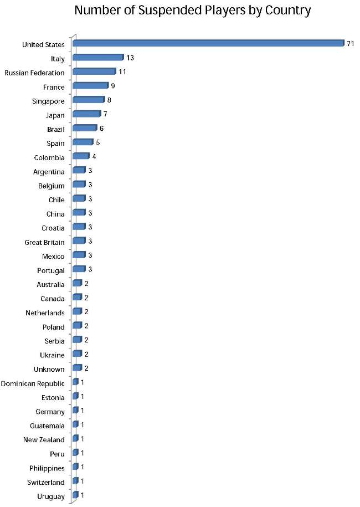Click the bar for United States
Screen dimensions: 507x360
(208, 43)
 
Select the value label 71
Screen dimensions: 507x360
(350, 44)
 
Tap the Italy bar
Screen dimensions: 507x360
(97, 58)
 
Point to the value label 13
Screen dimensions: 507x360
(130, 58)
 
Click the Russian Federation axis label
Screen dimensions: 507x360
(34, 73)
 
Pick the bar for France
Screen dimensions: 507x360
(90, 86)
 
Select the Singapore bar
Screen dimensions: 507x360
(88, 100)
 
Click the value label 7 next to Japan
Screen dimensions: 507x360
(105, 114)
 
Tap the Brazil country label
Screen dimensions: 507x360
(55, 129)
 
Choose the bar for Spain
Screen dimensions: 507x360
(83, 142)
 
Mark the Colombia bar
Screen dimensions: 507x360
(80, 156)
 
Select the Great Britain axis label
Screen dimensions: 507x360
(44, 242)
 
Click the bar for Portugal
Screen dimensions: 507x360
(79, 269)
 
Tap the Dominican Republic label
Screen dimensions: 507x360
(33, 383)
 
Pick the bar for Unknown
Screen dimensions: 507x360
(77, 368)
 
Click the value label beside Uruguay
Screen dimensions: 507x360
(83, 495)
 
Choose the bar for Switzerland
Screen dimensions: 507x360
(75, 481)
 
